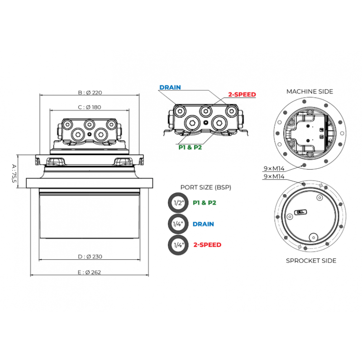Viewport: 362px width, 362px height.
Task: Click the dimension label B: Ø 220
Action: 90,93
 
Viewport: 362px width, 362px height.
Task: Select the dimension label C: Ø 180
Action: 89,107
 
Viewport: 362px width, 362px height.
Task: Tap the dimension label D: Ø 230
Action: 90,257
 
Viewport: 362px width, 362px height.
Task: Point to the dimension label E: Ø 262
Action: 89,272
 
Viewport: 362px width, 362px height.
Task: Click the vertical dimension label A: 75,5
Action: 14,173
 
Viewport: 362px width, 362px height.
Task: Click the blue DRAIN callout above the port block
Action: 170,87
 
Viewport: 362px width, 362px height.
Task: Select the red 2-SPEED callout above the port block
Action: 242,95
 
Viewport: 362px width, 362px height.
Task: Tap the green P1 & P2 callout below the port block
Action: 190,148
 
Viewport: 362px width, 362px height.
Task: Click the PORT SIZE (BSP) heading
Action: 206,187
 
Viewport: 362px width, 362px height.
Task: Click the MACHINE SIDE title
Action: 310,92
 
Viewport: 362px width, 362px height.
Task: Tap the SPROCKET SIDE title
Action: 311,261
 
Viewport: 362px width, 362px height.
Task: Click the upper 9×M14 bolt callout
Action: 274,168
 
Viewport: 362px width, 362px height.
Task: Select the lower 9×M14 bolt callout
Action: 274,176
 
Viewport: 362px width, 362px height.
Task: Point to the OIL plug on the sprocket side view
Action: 300,212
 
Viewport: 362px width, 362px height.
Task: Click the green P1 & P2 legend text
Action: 205,203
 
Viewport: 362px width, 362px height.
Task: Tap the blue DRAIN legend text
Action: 203,224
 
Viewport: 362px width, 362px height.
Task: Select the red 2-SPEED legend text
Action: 207,245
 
